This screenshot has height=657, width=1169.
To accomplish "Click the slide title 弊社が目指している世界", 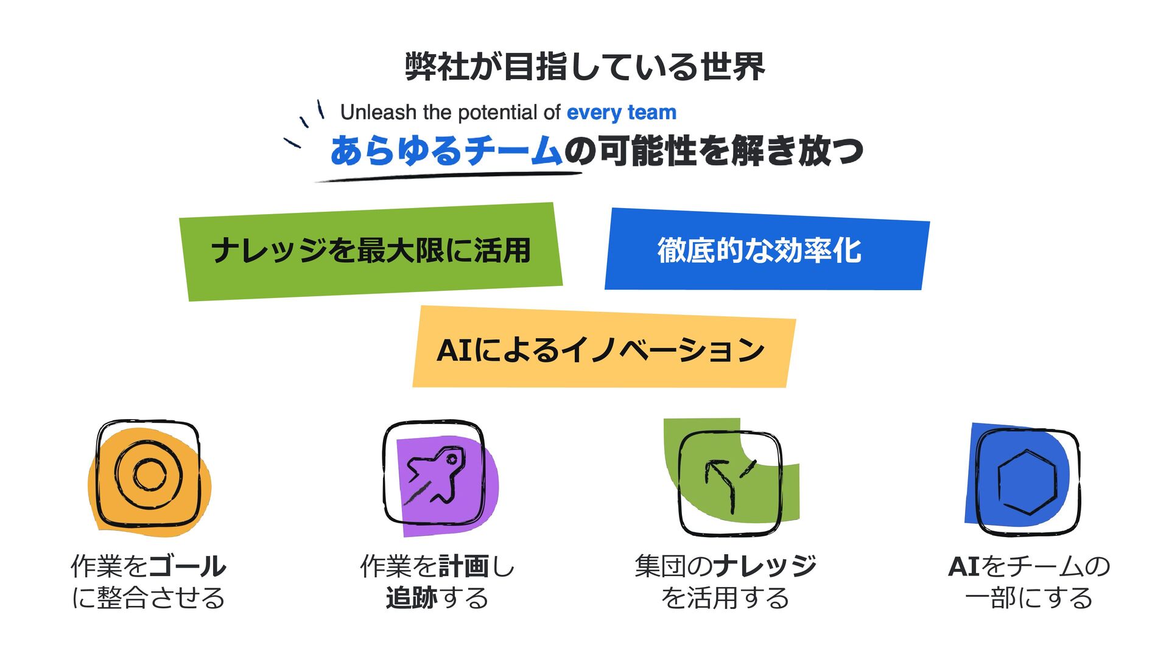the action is [x=584, y=66].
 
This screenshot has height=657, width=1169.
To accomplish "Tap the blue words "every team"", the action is [x=621, y=113].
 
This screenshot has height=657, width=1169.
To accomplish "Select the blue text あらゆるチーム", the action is [x=446, y=151].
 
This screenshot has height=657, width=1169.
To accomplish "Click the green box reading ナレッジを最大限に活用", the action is [x=371, y=251].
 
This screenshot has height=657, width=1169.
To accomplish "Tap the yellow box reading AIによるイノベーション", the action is [x=601, y=349].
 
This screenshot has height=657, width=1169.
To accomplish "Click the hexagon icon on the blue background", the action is [x=1027, y=481].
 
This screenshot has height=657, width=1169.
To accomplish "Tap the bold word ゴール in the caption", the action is [x=187, y=567].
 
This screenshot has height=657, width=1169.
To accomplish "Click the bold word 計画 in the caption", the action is [x=463, y=567].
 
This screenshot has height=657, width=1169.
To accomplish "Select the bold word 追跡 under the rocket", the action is [x=411, y=598].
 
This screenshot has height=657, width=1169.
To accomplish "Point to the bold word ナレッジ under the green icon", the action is [x=765, y=567].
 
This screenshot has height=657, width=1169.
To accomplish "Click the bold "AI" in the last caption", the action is [x=964, y=567].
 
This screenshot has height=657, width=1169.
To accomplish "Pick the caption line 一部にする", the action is [x=1028, y=598].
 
